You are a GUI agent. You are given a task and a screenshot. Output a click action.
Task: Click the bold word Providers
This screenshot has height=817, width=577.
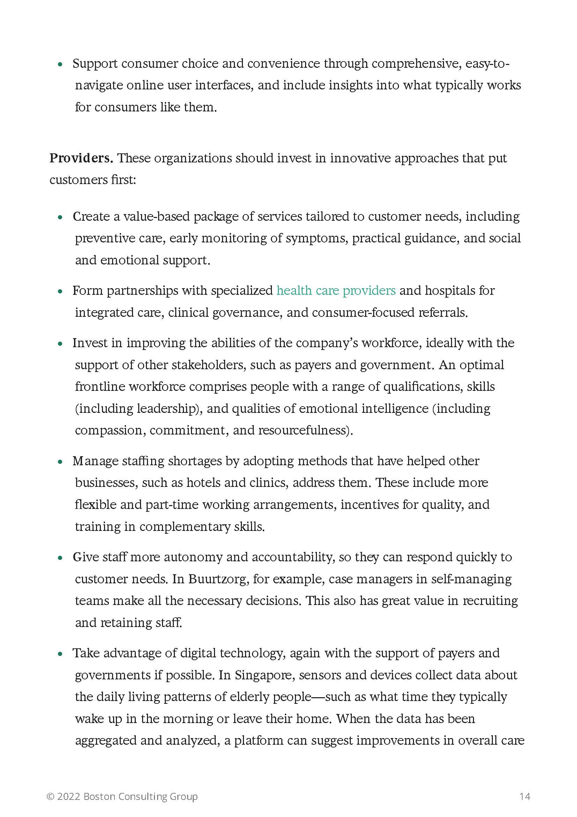click(81, 158)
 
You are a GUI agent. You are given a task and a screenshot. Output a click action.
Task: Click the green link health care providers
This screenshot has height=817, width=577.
click(336, 291)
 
